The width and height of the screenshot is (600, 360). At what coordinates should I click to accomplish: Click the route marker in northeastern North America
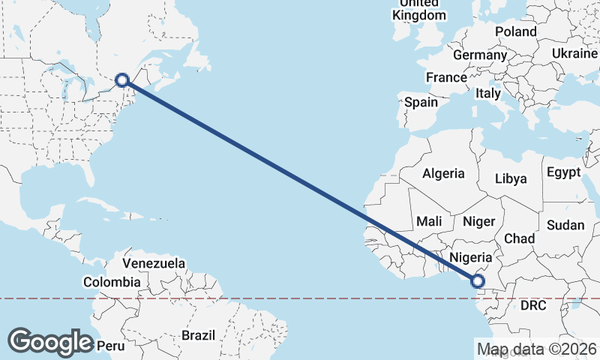coord(122,79)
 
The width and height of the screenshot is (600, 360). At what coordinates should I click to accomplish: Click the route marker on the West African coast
coord(477,281)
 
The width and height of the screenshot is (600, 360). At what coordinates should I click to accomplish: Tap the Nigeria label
coord(470,257)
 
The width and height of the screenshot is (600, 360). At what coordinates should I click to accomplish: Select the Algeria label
coord(443,173)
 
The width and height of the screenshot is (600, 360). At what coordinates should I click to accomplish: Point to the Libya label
coord(511,178)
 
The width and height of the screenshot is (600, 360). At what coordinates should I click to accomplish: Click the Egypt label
coord(563,172)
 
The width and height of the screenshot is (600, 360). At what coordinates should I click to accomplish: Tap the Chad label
coord(519,238)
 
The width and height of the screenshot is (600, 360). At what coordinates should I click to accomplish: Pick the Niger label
coord(479,221)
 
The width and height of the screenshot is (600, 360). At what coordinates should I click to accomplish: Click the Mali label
coord(429,221)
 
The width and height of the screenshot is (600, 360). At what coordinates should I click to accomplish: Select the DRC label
coord(533,306)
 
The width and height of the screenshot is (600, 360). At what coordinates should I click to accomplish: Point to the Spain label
coord(421,102)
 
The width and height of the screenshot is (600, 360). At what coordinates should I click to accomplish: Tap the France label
coord(446,77)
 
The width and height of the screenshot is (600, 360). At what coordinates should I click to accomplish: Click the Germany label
coord(480,55)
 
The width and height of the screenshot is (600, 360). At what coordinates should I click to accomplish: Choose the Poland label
coord(516,32)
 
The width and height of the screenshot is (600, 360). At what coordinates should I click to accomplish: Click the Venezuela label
coord(154,263)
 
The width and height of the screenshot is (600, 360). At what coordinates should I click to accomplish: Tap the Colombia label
coord(112,282)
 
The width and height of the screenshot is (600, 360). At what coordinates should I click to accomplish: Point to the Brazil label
coord(198,334)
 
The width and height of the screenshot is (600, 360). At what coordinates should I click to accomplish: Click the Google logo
coord(50,342)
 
